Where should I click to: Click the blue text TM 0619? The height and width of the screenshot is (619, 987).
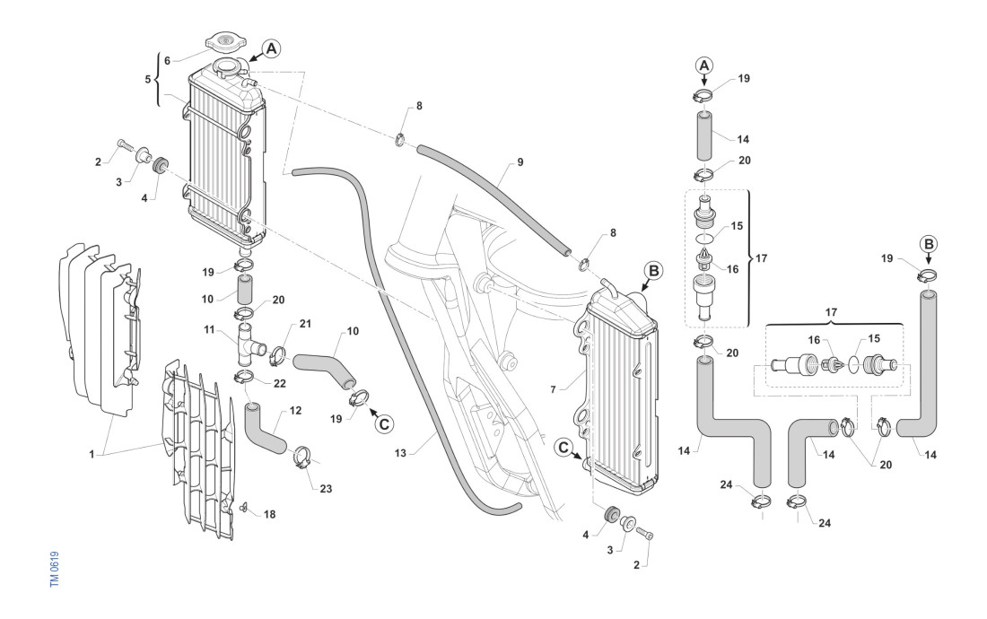(57, 571)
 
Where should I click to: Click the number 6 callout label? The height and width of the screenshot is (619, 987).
(166, 60)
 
